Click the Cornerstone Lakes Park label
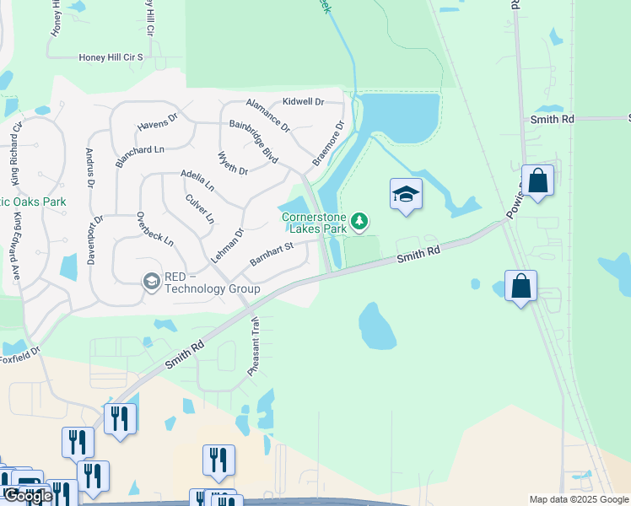(314, 223)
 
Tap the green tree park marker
(360, 221)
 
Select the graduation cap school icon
(406, 194)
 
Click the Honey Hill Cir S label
(111, 57)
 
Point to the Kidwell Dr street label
(303, 101)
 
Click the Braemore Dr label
(329, 143)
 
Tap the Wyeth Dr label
(233, 164)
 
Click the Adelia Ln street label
(197, 179)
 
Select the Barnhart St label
(272, 254)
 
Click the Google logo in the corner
(28, 496)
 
